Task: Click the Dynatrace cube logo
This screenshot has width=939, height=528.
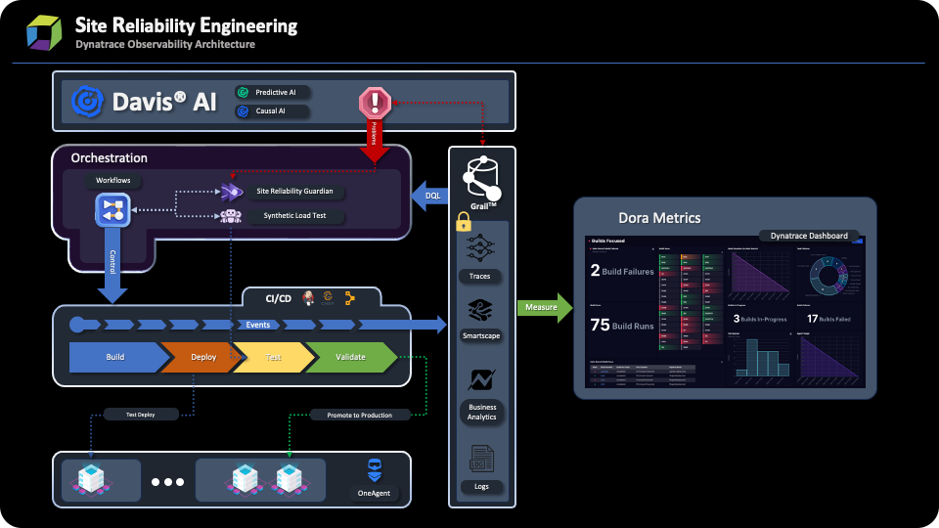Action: coord(43,32)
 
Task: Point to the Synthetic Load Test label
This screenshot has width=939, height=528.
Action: coord(294,215)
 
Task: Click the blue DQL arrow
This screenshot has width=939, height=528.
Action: coord(427,196)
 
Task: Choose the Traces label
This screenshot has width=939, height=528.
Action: coord(480,277)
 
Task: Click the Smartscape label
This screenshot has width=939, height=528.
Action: coord(480,335)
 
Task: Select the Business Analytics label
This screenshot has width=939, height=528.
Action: coord(481,412)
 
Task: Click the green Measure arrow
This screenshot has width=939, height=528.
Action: coord(545,307)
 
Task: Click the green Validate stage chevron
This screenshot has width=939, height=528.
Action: coord(350,358)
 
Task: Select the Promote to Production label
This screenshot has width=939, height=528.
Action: coord(352,415)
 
